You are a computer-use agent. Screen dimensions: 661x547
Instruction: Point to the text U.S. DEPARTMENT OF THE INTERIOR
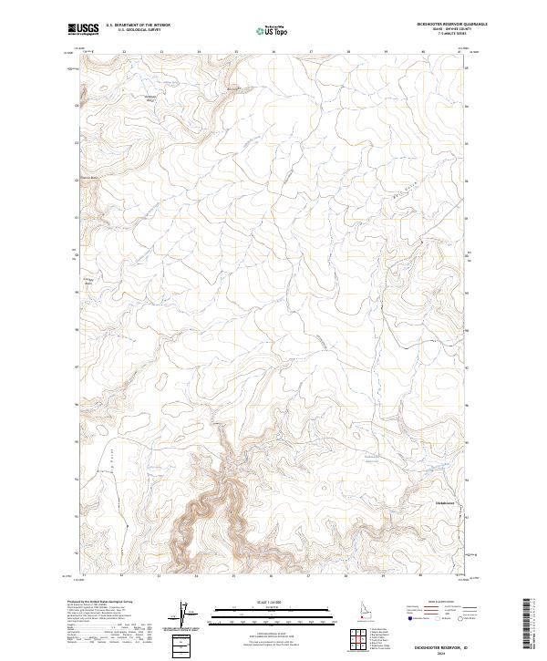pos(138,25)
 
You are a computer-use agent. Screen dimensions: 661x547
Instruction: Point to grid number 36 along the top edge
pos(273,52)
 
